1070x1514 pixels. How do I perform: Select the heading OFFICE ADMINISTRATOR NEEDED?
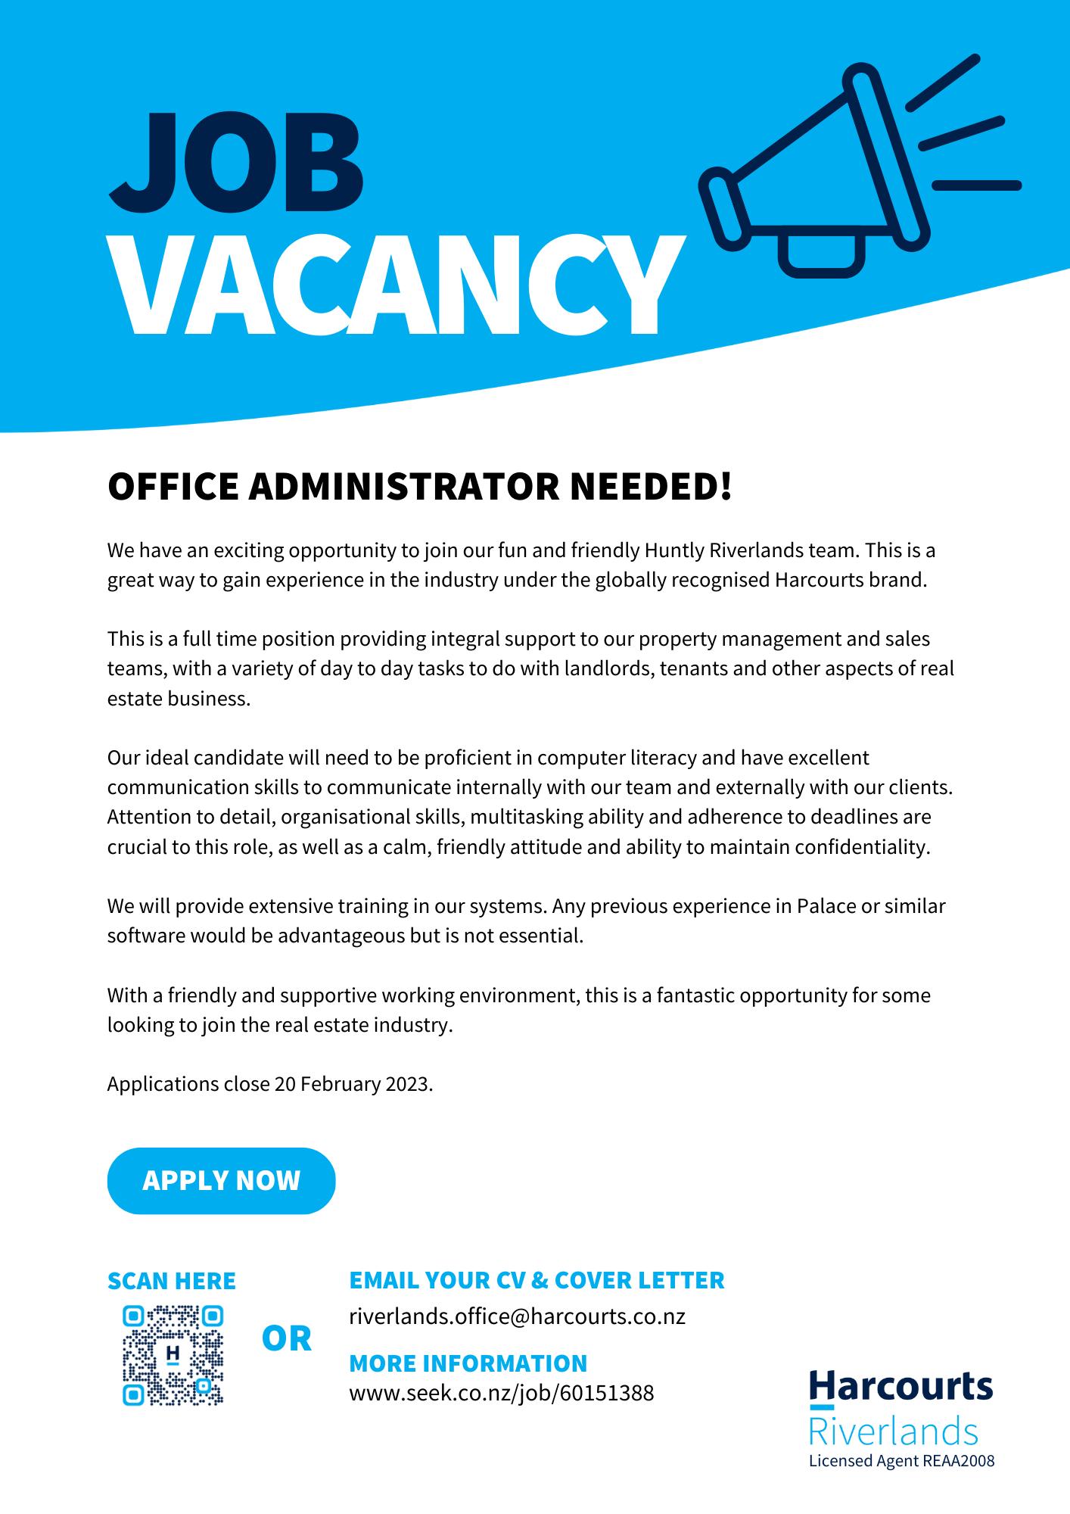pyautogui.click(x=420, y=486)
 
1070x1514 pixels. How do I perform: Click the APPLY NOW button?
pyautogui.click(x=221, y=1180)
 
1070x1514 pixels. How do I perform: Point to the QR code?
pyautogui.click(x=173, y=1355)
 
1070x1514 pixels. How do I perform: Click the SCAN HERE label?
pyautogui.click(x=172, y=1281)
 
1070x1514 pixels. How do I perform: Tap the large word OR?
pyautogui.click(x=286, y=1339)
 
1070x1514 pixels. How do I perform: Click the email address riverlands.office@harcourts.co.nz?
pyautogui.click(x=517, y=1316)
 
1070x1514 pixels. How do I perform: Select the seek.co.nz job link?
pyautogui.click(x=501, y=1392)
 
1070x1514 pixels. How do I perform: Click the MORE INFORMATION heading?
pyautogui.click(x=468, y=1363)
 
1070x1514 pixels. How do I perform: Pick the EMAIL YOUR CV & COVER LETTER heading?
pyautogui.click(x=537, y=1280)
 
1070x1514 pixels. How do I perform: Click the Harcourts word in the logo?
pyautogui.click(x=900, y=1387)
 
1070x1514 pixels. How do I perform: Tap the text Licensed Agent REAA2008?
pyautogui.click(x=901, y=1460)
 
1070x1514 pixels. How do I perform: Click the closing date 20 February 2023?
pyautogui.click(x=353, y=1084)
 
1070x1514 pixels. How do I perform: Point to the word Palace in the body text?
pyautogui.click(x=826, y=906)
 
